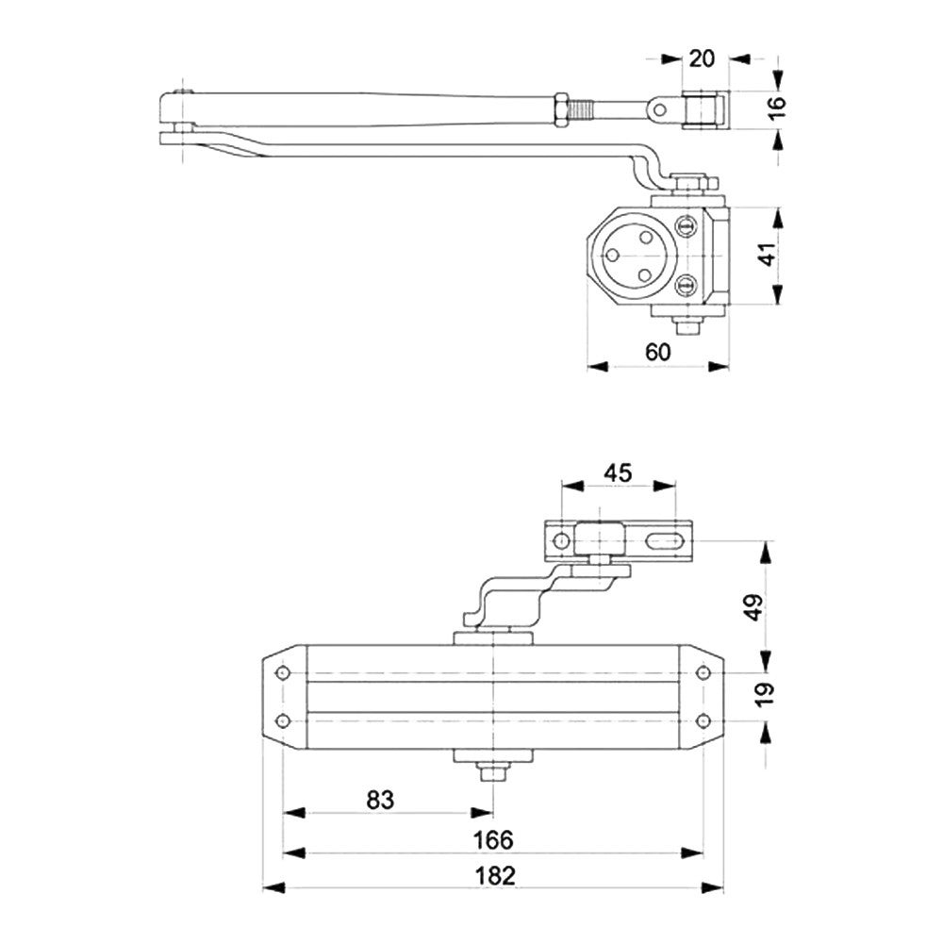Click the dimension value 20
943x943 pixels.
(702, 58)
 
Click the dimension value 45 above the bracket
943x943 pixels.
(618, 471)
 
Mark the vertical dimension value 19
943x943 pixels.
(765, 694)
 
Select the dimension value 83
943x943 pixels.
(380, 800)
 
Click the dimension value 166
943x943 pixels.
(494, 839)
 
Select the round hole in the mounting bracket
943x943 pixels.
(561, 541)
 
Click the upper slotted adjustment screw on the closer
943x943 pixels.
(687, 225)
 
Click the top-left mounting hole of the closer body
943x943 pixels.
(282, 673)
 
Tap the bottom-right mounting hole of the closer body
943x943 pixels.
(703, 721)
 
